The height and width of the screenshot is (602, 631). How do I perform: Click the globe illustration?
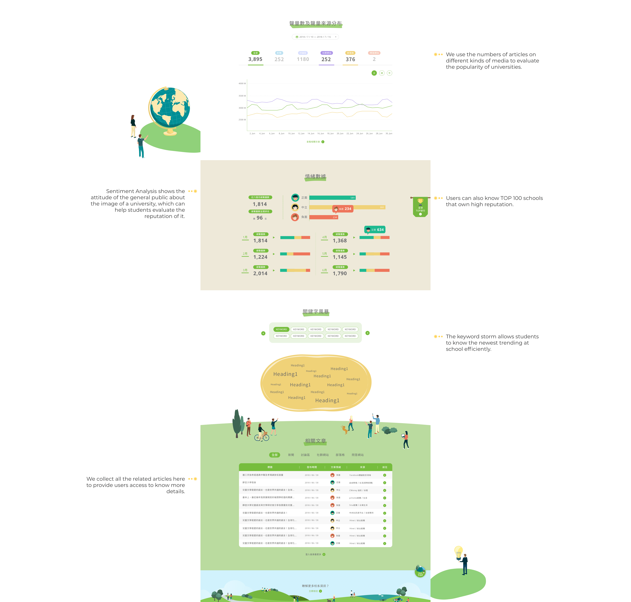click(x=169, y=109)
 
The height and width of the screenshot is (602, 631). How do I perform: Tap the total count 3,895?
click(x=255, y=59)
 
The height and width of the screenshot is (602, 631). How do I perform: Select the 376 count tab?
click(x=350, y=59)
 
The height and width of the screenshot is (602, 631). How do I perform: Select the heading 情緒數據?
click(x=315, y=177)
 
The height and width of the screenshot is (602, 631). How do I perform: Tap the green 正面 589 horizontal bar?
click(x=332, y=198)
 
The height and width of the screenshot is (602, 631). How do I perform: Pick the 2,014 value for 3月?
click(x=260, y=273)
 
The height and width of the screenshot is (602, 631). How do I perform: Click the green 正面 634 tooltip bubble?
click(x=375, y=230)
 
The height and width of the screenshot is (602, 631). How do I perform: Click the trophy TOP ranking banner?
click(x=420, y=207)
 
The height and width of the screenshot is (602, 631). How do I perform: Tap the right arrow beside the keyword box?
click(x=368, y=333)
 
